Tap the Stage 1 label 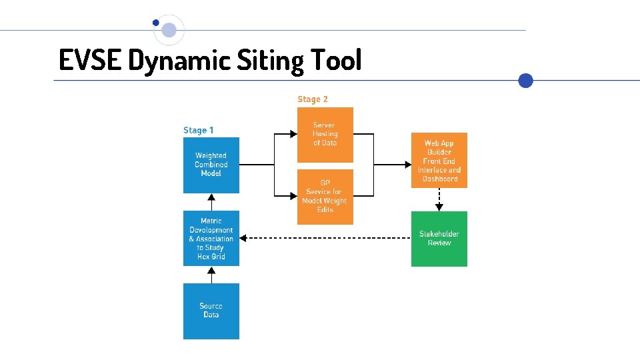(x=199, y=131)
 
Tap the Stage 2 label (x=313, y=99)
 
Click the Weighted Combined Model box (x=211, y=165)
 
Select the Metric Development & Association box (x=211, y=238)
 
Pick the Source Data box (x=211, y=311)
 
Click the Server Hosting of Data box (x=325, y=134)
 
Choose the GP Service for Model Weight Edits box (x=325, y=196)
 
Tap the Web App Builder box (x=439, y=160)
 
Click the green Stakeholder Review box (x=439, y=239)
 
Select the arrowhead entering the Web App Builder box (x=407, y=165)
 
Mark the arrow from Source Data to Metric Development (x=211, y=275)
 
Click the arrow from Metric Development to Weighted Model (x=211, y=201)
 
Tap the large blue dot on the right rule (x=526, y=81)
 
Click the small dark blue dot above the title (x=156, y=23)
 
